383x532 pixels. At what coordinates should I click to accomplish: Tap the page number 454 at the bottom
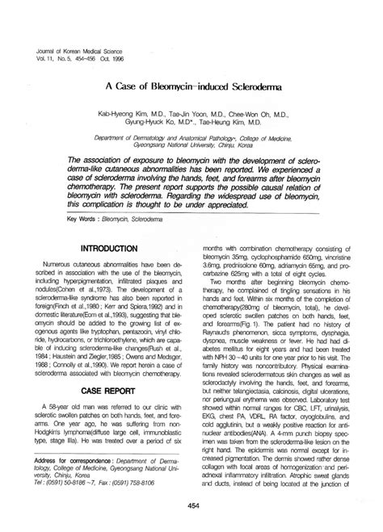191,505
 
